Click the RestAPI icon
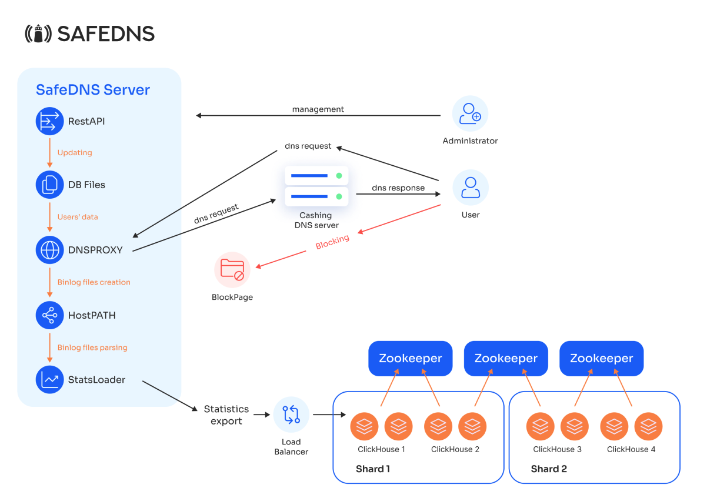[49, 121]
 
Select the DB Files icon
[49, 185]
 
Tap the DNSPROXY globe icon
[49, 250]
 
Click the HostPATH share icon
[49, 315]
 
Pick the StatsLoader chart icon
[49, 380]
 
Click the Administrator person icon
[470, 113]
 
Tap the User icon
[470, 188]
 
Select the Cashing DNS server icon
[316, 186]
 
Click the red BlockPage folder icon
[232, 270]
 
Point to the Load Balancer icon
[291, 415]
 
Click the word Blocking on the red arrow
[332, 242]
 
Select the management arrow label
[318, 109]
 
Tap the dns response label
[398, 188]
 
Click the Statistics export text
[226, 415]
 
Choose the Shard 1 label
[373, 469]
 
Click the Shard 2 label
[549, 469]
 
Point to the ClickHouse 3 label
[558, 449]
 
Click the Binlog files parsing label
[92, 347]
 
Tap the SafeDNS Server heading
[93, 89]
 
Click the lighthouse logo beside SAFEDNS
[38, 34]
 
